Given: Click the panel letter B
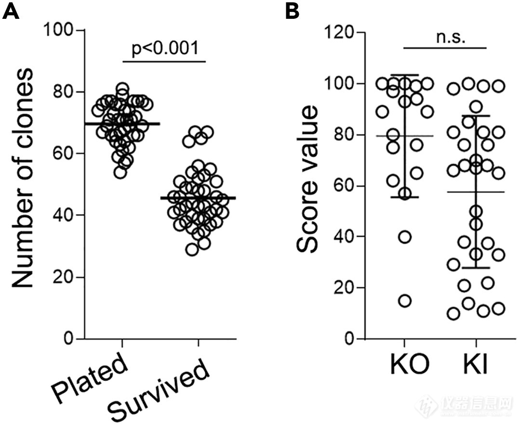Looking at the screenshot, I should tap(293, 11).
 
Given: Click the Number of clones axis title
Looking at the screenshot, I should tap(23, 178).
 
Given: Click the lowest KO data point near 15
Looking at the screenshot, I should tap(405, 301).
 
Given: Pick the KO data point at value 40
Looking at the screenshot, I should tap(405, 237).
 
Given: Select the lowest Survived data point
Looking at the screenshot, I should tap(193, 249).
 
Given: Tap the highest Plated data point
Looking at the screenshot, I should tap(122, 89).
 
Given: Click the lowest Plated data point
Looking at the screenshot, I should tap(120, 172).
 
